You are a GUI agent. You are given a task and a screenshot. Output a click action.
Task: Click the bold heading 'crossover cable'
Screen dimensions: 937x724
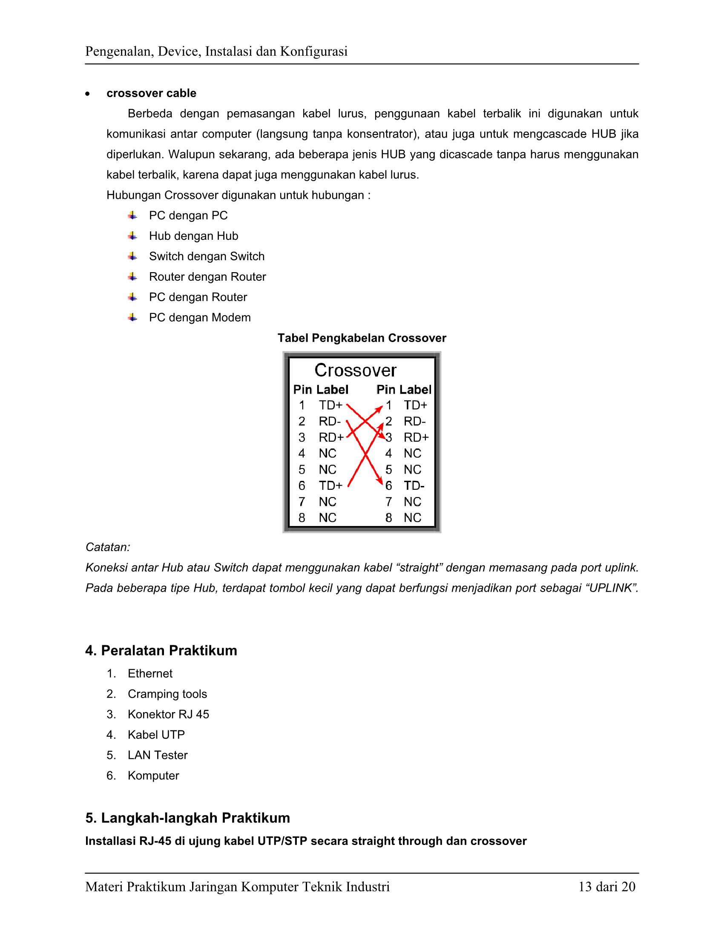151,93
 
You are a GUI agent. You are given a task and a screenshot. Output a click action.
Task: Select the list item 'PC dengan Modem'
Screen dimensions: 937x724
199,317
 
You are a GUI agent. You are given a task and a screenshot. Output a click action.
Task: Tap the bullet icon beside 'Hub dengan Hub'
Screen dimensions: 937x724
132,236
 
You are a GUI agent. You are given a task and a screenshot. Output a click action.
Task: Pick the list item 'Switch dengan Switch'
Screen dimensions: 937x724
206,256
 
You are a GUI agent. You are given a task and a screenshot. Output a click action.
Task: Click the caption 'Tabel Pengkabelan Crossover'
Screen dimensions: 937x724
362,338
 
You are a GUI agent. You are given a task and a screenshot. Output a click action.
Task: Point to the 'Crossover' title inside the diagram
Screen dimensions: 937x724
355,370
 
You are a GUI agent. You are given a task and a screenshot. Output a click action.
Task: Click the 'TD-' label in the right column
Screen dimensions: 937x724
414,486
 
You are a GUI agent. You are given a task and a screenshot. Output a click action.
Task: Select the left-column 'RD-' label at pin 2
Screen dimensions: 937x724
329,421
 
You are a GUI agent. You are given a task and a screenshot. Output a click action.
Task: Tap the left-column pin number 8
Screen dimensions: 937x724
302,518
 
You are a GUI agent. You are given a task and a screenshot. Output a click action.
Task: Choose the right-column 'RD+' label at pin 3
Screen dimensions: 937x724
416,437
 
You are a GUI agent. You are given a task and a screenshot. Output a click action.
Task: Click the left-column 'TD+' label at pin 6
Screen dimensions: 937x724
330,486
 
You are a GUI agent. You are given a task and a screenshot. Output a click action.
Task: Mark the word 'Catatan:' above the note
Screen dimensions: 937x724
108,547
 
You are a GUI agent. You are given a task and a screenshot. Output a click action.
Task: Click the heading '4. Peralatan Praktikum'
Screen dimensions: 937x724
161,650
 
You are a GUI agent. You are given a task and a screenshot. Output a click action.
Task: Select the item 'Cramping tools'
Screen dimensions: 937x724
167,694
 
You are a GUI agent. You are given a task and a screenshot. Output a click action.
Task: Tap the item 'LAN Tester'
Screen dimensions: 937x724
158,755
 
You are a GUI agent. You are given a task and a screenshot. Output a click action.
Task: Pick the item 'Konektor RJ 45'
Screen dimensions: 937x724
168,714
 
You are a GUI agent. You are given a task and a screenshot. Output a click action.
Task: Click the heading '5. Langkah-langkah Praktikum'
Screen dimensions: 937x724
187,818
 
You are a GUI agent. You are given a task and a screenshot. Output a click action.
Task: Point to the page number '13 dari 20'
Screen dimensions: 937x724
606,887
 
